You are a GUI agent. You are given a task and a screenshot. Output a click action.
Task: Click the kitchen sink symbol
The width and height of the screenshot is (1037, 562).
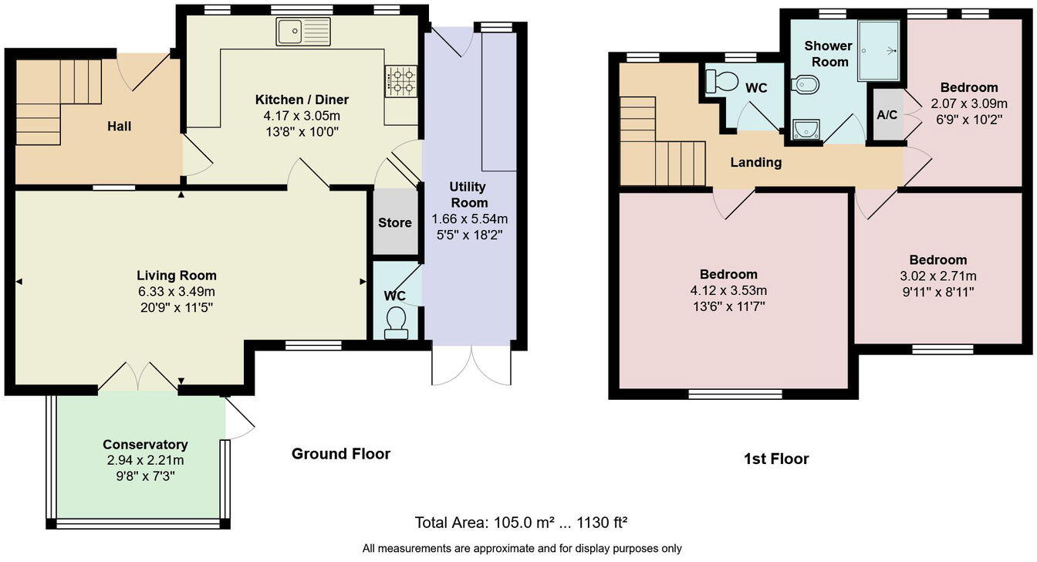point(303,32)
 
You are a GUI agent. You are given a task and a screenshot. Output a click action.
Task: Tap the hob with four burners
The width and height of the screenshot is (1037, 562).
point(400,80)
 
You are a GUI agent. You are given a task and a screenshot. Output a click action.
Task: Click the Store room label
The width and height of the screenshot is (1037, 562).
point(394,223)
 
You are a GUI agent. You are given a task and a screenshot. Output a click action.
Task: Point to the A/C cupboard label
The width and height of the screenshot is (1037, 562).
point(887,115)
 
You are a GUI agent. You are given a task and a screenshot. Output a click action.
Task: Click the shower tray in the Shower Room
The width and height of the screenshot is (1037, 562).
point(879,50)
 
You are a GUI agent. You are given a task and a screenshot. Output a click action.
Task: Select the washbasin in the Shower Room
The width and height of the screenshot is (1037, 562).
point(806,130)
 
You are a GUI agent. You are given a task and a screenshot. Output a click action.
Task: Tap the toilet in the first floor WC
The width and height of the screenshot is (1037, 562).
point(721,81)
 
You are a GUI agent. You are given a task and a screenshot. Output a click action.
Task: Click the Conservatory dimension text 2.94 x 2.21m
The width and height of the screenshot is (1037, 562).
point(145,461)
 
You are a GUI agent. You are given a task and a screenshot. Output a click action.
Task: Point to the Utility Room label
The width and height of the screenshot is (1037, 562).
point(468,195)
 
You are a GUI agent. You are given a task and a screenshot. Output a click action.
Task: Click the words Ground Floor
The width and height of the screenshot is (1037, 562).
point(340,454)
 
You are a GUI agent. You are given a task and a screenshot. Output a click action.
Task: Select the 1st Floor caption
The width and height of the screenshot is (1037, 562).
point(776,459)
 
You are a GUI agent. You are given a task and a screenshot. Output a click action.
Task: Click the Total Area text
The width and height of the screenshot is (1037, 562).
point(521,523)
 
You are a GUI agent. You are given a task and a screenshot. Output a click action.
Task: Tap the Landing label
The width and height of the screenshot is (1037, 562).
point(756,163)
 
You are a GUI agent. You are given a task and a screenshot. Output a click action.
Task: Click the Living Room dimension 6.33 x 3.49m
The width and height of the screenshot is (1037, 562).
point(177,292)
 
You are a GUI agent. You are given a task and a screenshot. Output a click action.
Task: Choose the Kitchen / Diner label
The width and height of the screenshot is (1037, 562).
point(302,100)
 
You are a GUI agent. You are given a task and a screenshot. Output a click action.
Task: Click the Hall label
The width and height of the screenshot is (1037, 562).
point(119,126)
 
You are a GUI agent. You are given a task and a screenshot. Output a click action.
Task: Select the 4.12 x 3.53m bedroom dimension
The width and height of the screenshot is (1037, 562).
point(728,291)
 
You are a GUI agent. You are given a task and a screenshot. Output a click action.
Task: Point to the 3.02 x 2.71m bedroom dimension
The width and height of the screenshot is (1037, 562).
point(937,276)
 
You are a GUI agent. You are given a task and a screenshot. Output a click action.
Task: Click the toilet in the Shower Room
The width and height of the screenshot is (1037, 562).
point(805,85)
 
